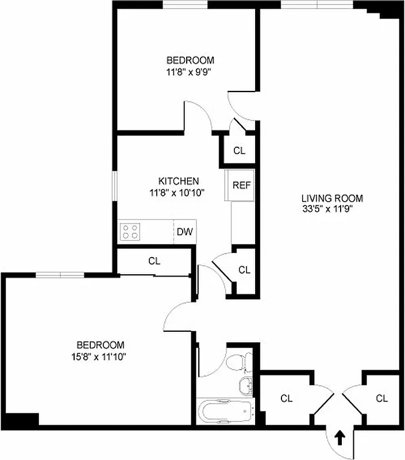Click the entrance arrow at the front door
[340, 438]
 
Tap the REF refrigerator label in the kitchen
[241, 186]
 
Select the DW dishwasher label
[184, 232]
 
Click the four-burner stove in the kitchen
[130, 231]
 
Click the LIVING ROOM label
[332, 199]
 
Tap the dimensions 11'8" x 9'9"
[190, 72]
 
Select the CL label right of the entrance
[381, 398]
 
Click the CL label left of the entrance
[286, 398]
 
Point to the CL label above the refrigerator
[240, 151]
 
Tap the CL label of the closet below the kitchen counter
[154, 260]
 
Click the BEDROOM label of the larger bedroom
[101, 345]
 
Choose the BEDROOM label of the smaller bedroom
[190, 60]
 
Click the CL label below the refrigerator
[244, 270]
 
